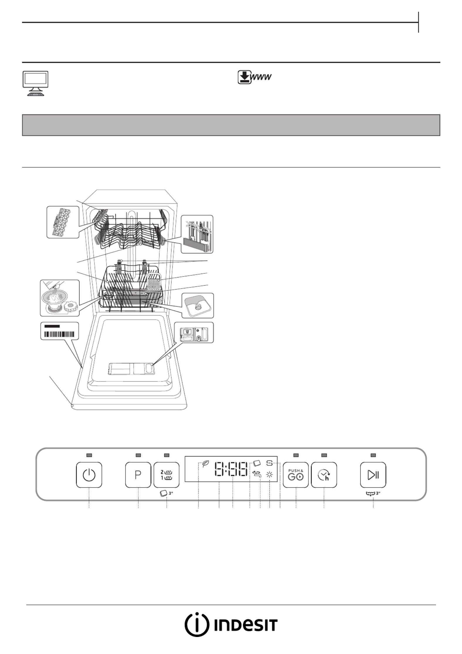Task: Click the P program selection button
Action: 138,475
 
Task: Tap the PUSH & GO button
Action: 296,475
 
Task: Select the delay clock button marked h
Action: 324,475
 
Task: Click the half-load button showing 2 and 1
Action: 167,475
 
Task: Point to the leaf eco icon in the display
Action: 205,464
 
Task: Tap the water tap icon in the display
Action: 257,474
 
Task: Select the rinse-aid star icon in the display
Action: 270,474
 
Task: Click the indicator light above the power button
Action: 89,455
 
